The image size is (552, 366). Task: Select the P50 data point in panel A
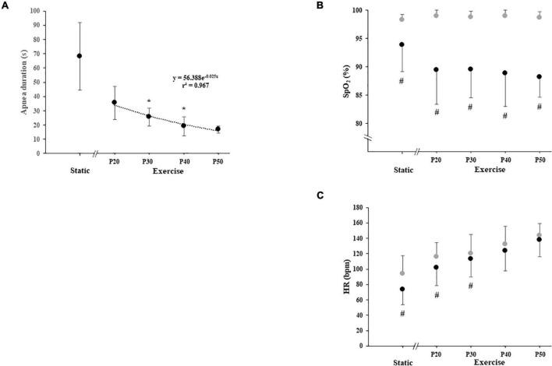click(218, 129)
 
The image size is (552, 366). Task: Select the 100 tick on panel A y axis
click(36, 12)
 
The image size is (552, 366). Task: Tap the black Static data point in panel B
click(402, 44)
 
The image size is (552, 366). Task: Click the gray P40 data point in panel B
click(505, 15)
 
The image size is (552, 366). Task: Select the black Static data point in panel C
click(402, 289)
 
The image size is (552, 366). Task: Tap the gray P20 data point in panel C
click(437, 256)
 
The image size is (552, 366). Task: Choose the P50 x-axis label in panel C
click(540, 353)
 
